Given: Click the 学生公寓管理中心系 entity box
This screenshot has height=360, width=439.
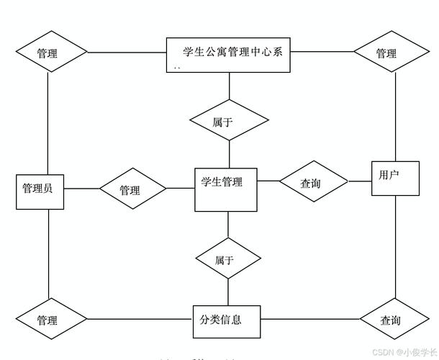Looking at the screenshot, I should [x=229, y=55].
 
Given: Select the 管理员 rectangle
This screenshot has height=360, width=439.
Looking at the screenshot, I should [x=37, y=189].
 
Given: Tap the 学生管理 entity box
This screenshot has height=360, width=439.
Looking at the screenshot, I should [x=226, y=189].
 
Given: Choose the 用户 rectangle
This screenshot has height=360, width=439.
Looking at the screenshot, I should [x=395, y=178].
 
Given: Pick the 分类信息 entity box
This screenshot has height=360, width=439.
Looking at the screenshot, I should [x=226, y=319].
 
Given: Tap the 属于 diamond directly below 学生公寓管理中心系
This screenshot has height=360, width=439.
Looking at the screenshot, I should [x=228, y=122].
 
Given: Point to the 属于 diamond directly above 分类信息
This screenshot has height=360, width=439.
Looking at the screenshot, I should [x=227, y=259].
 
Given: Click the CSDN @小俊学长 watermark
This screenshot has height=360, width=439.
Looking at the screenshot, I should [x=399, y=352].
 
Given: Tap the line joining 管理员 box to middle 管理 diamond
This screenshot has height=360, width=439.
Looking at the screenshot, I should [x=80, y=189].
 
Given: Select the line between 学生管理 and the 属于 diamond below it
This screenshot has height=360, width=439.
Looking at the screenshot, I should [x=228, y=224].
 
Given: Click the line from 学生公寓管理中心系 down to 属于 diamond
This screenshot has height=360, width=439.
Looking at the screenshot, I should [x=229, y=86].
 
